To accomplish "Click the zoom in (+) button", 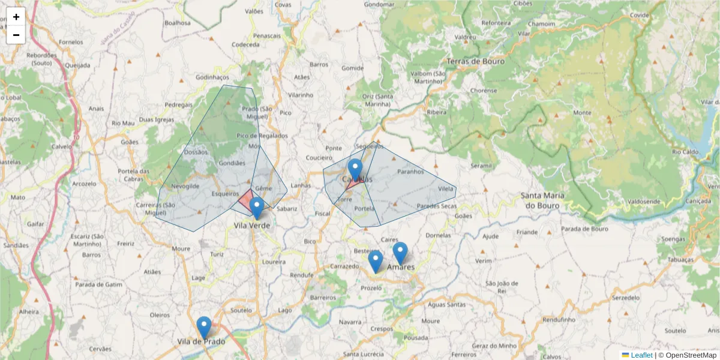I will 16,17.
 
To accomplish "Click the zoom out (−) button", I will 16,35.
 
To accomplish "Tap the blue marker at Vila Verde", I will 257,208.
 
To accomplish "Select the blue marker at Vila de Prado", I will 204,327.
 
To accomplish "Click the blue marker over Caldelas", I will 355,170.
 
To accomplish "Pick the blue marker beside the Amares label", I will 400,253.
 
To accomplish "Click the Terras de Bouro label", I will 475,61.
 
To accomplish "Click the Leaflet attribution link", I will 641,355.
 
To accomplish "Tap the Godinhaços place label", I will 212,77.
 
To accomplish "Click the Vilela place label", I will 446,188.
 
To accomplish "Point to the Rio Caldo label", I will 685,152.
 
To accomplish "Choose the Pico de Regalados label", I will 262,136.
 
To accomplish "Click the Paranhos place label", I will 410,172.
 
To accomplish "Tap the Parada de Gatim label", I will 95,284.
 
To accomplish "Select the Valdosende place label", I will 627,201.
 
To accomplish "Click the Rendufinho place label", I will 559,320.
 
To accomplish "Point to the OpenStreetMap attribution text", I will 691,355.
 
